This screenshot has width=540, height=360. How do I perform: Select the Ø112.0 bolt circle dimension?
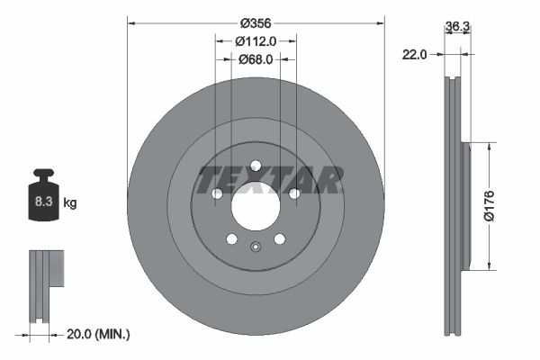(x=255, y=40)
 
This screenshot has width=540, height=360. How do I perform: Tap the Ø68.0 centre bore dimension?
(x=256, y=60)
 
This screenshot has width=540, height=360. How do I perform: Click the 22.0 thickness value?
(x=413, y=55)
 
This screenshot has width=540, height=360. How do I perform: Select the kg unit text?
(x=70, y=203)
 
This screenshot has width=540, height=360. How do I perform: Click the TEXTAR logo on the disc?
(x=269, y=179)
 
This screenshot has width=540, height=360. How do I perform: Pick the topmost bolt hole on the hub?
(x=256, y=165)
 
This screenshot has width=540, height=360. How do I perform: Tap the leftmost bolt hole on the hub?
(x=217, y=193)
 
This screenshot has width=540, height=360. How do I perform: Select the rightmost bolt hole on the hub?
(x=294, y=193)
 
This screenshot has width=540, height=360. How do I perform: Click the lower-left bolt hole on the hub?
(x=231, y=238)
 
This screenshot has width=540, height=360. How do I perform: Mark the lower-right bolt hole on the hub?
(x=279, y=238)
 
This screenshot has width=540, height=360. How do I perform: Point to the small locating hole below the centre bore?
(x=256, y=250)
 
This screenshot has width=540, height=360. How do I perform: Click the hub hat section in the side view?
(x=465, y=205)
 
